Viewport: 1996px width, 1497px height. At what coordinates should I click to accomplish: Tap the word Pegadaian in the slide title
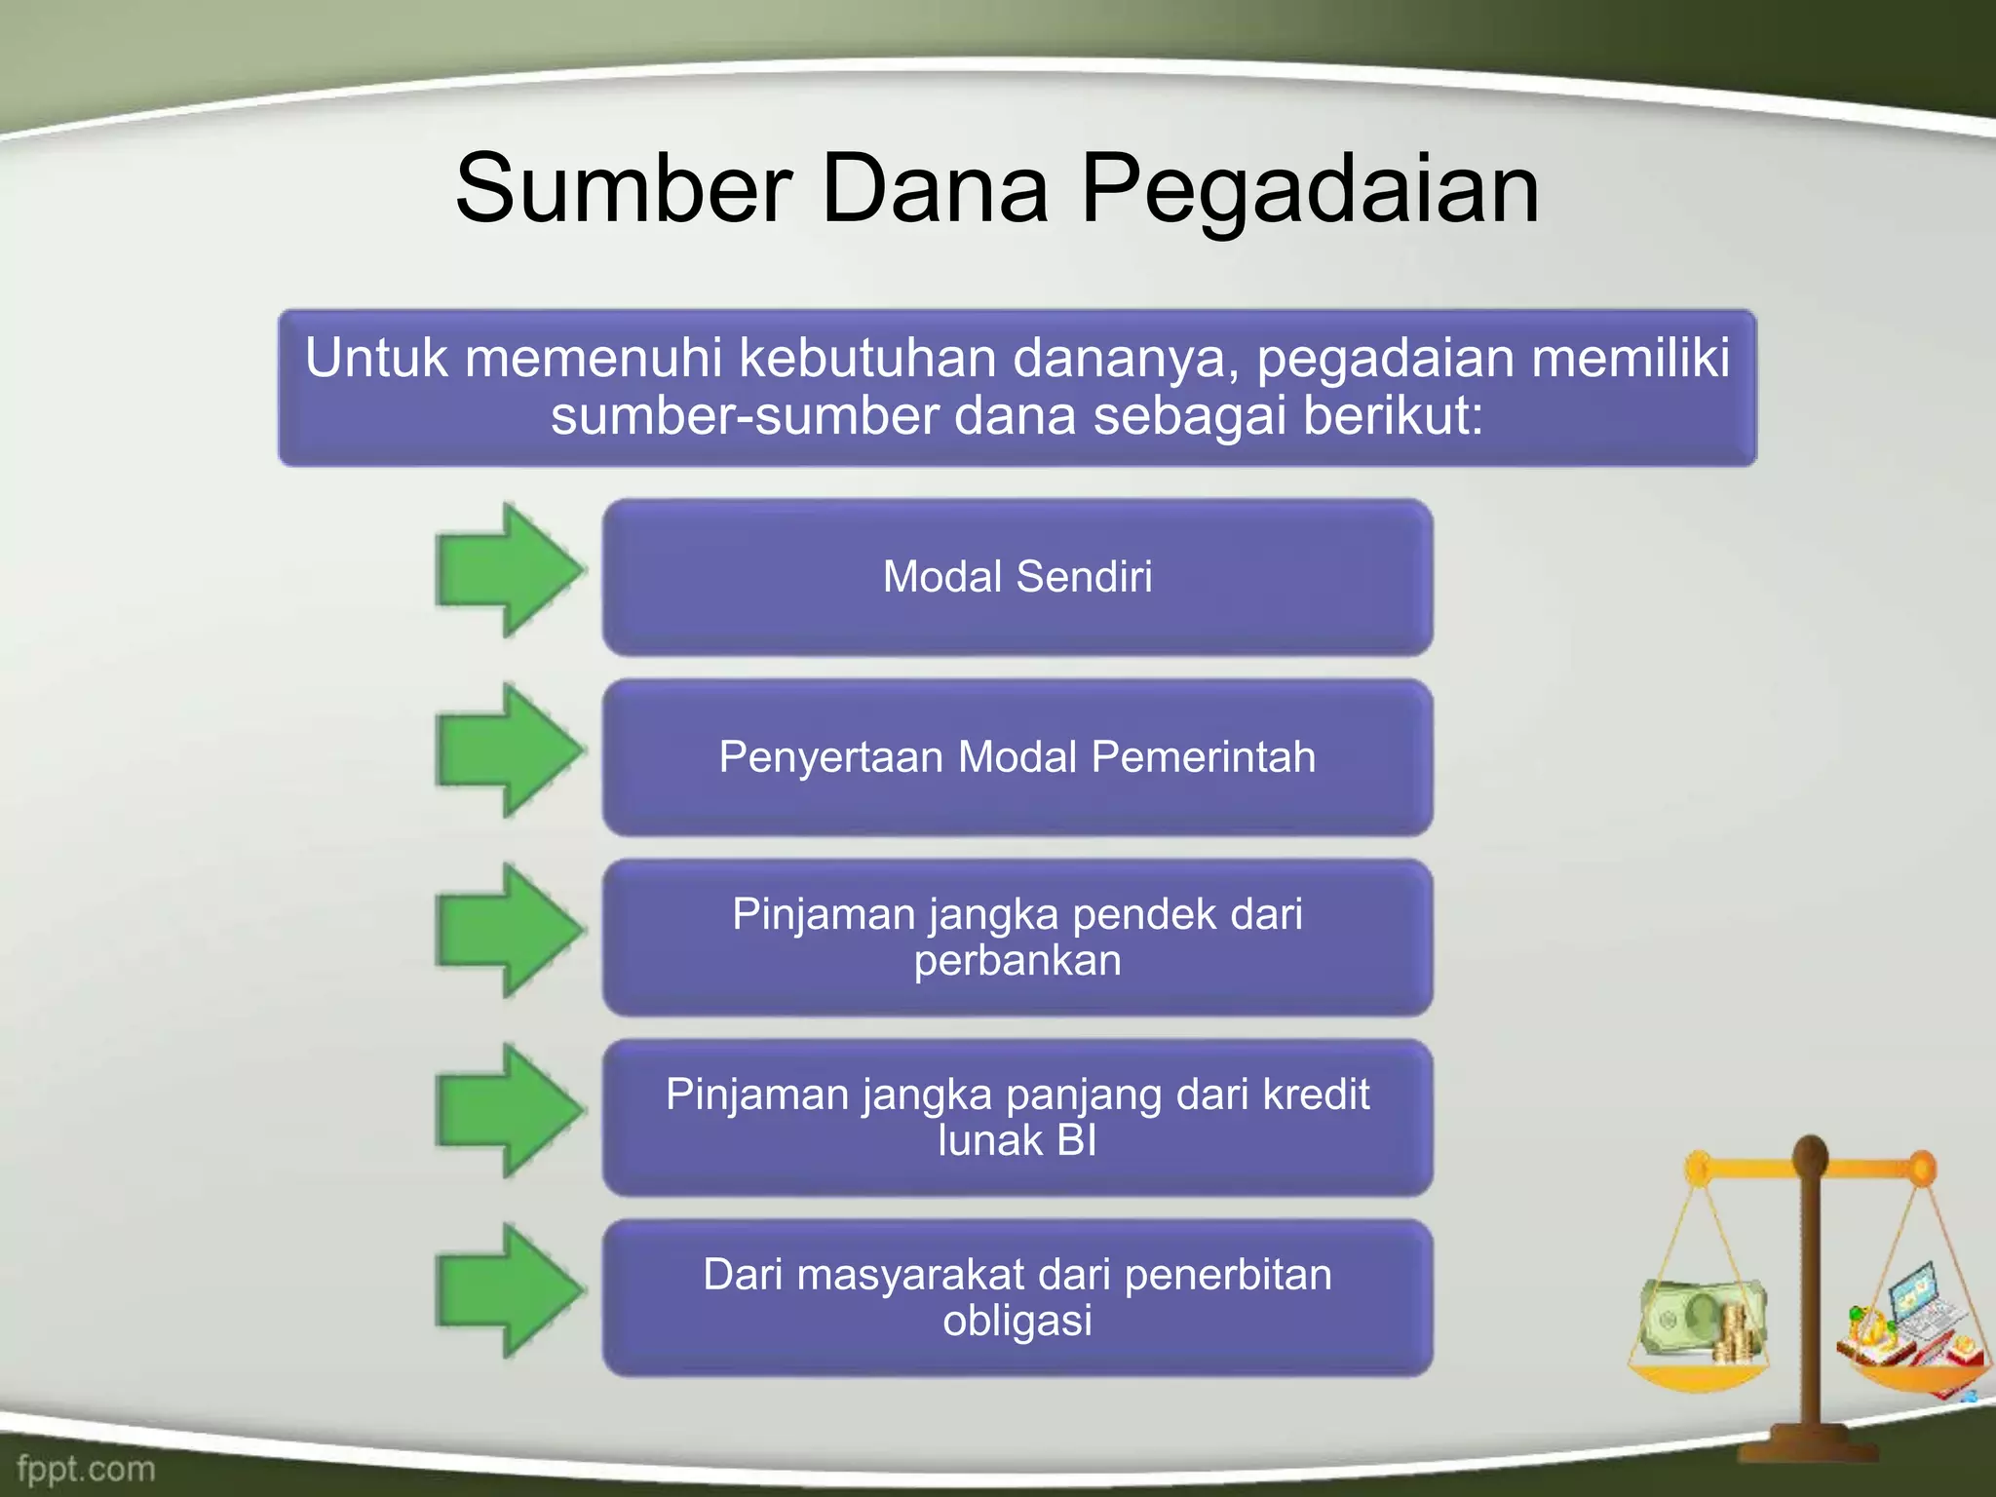point(1310,190)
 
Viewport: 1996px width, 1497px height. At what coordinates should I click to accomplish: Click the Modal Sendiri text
point(1017,576)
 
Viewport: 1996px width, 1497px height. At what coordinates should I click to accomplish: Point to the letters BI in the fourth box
point(1076,1140)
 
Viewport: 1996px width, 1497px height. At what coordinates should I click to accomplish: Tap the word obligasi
point(1017,1322)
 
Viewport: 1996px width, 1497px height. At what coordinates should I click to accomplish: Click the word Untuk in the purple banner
point(376,358)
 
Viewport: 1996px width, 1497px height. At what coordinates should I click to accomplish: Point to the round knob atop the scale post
point(1810,1156)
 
